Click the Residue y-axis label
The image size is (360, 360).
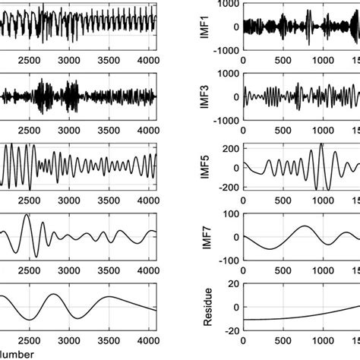pos(205,307)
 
